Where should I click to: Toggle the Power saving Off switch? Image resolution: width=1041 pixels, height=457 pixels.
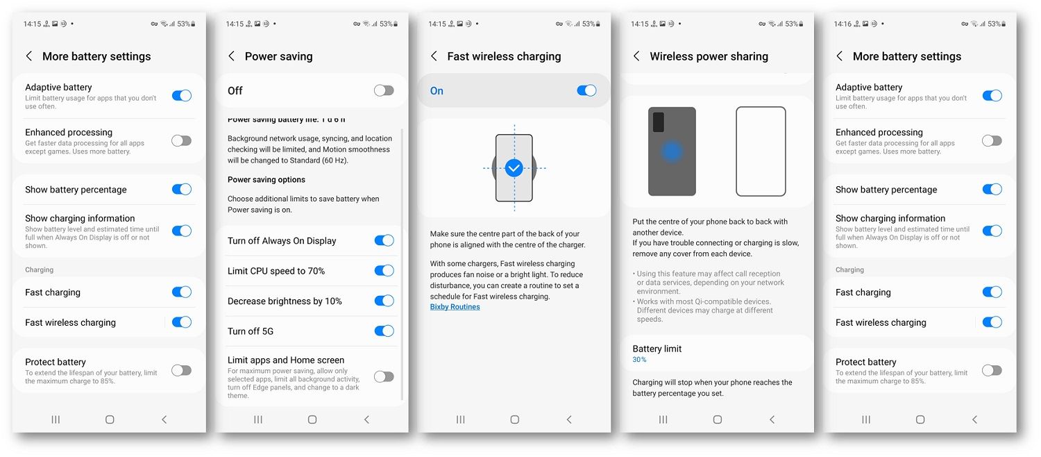click(384, 90)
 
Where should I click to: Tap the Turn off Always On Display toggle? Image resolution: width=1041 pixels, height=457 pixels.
click(384, 240)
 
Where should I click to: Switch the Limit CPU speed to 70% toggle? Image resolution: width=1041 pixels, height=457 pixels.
click(384, 271)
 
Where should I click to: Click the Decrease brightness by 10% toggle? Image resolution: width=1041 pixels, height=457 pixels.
click(384, 301)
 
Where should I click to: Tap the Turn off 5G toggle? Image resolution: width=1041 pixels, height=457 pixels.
click(384, 331)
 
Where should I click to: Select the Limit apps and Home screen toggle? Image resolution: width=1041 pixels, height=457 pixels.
click(384, 376)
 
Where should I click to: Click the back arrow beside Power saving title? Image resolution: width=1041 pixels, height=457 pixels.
click(231, 56)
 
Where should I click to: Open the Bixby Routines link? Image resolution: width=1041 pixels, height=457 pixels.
click(455, 307)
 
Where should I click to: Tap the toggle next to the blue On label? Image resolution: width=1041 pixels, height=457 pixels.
click(586, 90)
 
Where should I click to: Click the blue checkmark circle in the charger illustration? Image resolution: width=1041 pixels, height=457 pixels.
click(514, 168)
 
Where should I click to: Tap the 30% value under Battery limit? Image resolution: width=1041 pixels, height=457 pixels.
click(639, 359)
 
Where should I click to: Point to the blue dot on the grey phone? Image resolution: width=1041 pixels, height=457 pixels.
click(672, 151)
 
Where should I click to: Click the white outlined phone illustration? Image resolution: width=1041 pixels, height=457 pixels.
click(761, 151)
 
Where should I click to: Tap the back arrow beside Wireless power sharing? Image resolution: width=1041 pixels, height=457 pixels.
click(636, 56)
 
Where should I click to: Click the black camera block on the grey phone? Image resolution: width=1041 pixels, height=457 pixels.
click(658, 122)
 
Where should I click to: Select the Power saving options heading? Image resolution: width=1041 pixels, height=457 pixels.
click(266, 179)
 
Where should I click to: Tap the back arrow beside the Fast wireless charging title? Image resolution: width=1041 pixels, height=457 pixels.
click(434, 56)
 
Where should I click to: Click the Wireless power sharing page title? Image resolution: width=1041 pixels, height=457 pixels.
click(709, 56)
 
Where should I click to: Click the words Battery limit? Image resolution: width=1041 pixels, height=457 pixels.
click(657, 349)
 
